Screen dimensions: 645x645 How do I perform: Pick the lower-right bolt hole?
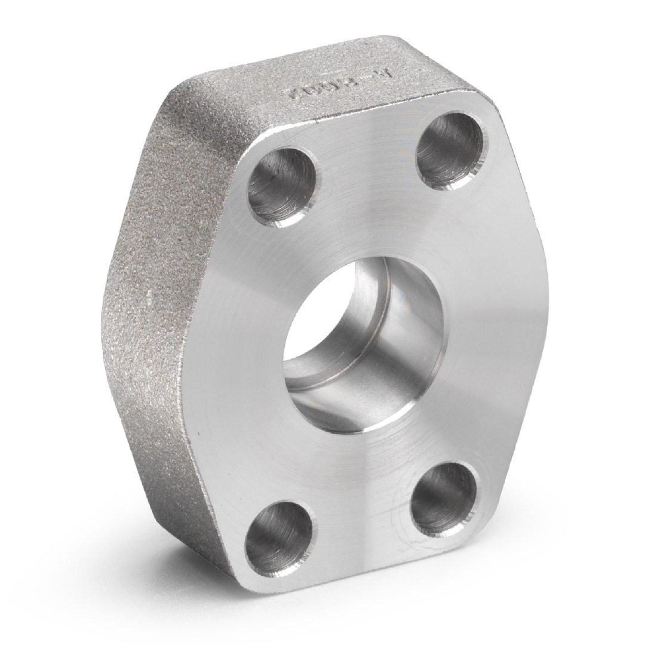(444, 499)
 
